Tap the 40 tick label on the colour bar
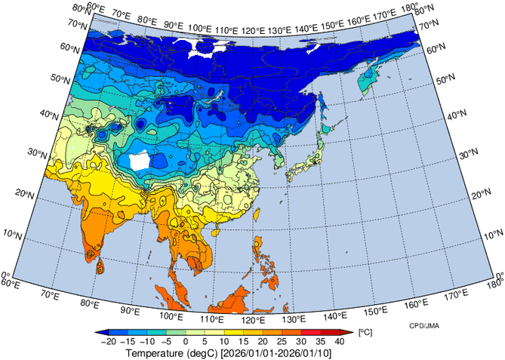340,342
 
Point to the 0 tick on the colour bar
185,342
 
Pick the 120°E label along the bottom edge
254,320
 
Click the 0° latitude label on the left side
5,275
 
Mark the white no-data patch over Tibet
140,161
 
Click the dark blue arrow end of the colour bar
101,332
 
